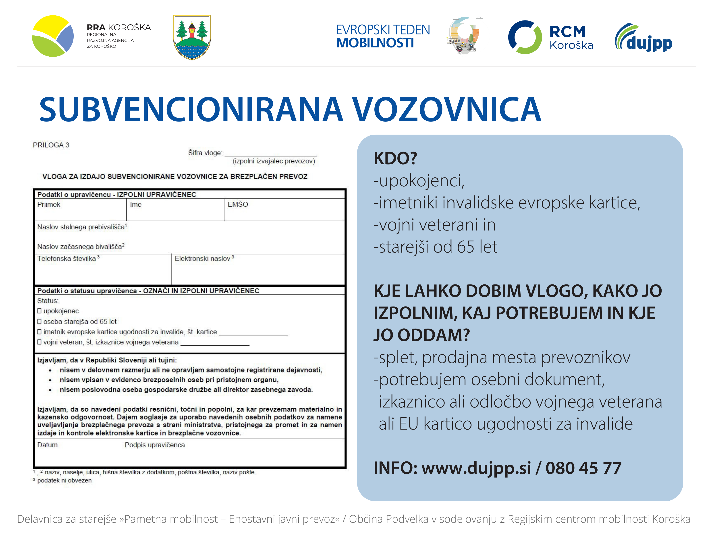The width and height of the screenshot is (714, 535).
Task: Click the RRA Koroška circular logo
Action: pos(53,36)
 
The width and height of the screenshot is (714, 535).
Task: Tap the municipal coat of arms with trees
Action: pos(192,37)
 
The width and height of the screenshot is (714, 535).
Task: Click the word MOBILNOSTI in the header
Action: pos(375,43)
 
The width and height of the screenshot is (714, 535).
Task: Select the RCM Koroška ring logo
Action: pos(525,37)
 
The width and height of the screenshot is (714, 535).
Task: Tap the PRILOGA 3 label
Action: pos(51,145)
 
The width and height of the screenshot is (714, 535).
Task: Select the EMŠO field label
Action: pos(238,204)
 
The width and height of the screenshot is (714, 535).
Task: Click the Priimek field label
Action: pos(49,204)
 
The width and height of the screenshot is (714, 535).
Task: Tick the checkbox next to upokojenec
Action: pos(39,311)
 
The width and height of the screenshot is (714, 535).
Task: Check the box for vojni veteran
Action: pos(39,342)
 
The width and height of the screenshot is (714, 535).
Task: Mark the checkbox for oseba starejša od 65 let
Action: pos(39,321)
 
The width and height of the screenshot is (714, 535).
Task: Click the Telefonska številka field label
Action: pos(66,259)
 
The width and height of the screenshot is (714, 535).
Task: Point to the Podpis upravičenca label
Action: pos(155,445)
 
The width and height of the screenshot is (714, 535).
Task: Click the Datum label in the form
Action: pos(48,445)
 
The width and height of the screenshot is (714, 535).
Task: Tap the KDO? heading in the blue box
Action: pos(395,158)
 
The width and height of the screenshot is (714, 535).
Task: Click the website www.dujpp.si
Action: pos(476,468)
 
